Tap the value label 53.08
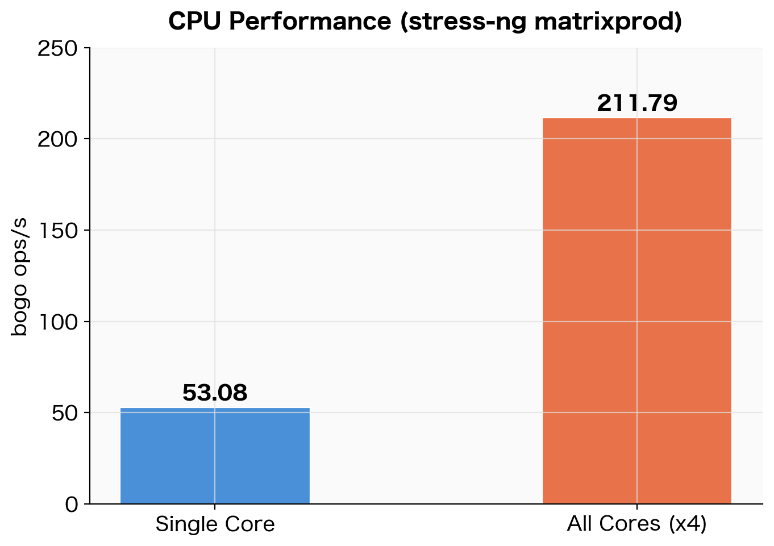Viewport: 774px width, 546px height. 215,393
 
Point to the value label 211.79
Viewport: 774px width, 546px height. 636,103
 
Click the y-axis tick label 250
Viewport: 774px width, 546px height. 57,48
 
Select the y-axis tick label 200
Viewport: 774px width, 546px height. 57,139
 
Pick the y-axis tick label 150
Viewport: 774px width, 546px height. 57,231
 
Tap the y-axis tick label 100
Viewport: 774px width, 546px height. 57,322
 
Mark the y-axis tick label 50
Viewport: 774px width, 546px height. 65,413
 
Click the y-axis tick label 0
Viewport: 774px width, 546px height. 72,504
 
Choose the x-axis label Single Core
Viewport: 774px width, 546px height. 215,524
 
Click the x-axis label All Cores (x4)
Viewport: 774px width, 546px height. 636,524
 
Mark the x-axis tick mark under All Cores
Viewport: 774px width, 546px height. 636,507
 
